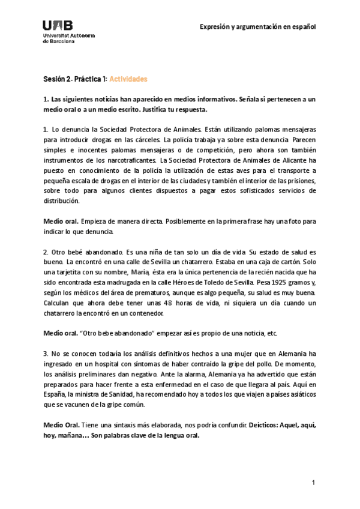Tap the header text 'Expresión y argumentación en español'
tap(258, 27)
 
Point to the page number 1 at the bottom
tap(313, 483)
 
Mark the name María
tap(134, 272)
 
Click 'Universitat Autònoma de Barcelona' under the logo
tap(68, 38)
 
